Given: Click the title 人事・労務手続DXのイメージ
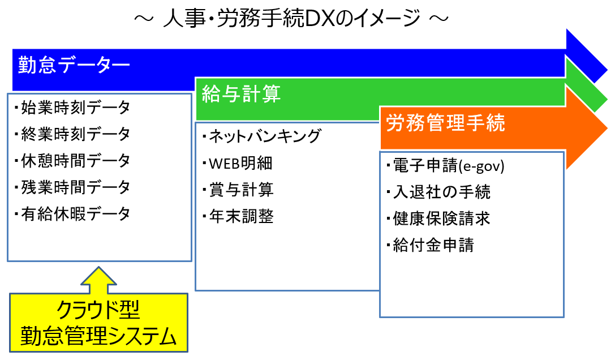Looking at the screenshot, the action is (291, 19).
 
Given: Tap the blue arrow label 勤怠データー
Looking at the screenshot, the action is (74, 65).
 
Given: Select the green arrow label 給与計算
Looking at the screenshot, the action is (241, 94).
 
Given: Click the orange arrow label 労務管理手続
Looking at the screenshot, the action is (446, 122).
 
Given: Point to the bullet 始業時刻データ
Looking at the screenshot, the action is (72, 107).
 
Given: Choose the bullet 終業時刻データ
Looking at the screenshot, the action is (72, 134).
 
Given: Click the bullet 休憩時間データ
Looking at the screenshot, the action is (72, 161).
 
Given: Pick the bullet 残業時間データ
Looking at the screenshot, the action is (72, 187).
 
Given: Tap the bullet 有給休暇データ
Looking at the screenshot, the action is (72, 214).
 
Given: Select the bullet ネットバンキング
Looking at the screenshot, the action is (262, 136).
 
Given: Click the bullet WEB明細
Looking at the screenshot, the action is (238, 164).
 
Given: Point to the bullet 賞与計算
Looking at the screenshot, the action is (238, 190).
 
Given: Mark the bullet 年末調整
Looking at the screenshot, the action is (238, 216).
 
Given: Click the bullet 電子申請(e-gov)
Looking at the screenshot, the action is (446, 166).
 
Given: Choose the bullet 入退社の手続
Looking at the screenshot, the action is (438, 192).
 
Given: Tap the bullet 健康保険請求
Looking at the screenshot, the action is (438, 218).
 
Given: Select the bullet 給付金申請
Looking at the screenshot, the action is (430, 245).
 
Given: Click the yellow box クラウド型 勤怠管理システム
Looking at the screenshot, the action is (98, 323).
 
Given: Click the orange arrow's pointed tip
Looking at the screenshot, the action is (607, 128).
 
